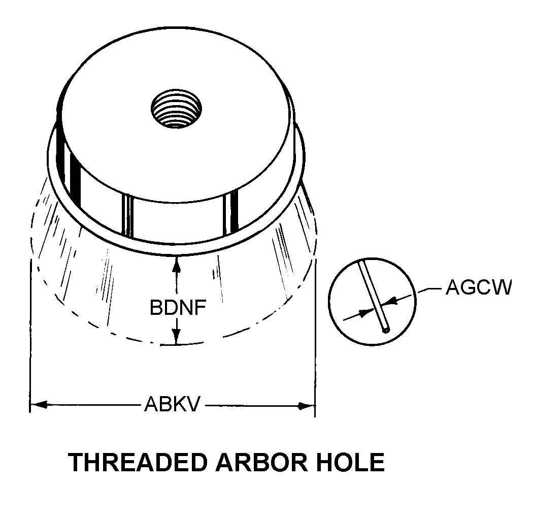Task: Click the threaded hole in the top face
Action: (176, 108)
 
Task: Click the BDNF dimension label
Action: (178, 308)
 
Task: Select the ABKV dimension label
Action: (173, 404)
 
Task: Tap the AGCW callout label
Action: (478, 287)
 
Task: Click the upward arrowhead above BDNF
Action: (176, 264)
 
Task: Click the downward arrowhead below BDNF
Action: (176, 337)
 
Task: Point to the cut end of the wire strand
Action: (385, 330)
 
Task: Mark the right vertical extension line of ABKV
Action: (315, 337)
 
